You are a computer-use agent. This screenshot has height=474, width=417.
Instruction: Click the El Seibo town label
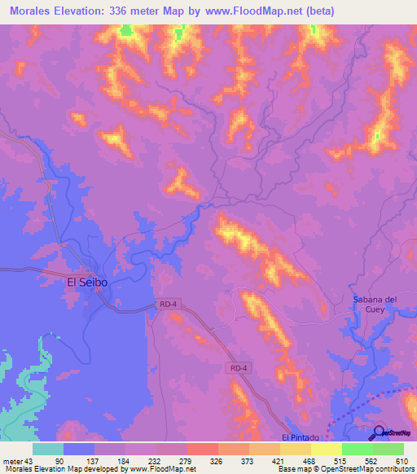[87, 283]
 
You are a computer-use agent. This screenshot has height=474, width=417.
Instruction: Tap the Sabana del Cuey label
[374, 304]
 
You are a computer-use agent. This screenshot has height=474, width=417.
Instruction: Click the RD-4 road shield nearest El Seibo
[167, 305]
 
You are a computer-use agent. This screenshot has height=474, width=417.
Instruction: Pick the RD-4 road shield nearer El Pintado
[238, 368]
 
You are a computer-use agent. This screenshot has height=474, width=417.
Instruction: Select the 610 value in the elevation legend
[402, 461]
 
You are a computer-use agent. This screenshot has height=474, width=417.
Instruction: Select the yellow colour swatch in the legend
[327, 449]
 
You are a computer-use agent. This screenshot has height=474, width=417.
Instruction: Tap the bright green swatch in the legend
[358, 449]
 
